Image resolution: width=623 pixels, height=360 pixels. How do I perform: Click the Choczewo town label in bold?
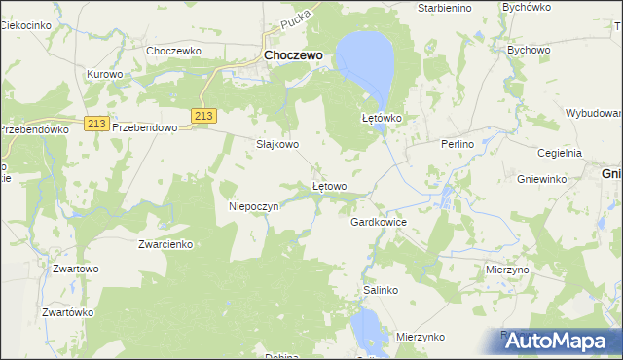293,56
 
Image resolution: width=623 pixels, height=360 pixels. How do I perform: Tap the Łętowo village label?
329,186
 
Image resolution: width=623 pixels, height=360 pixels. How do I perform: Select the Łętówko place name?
382,118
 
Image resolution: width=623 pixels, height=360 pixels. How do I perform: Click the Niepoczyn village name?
254,206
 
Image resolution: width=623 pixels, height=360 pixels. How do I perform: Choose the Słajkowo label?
276,144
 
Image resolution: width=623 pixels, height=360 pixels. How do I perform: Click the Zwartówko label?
67,312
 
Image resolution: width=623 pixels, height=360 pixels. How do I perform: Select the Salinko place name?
381,290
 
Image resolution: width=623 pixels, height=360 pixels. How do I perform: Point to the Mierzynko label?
421,337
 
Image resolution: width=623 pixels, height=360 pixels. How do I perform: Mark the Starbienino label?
444,8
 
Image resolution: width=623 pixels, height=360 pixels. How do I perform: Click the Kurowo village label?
104,74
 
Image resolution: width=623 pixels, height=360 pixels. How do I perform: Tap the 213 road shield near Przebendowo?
94,123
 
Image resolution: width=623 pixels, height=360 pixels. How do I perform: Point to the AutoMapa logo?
551,342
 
